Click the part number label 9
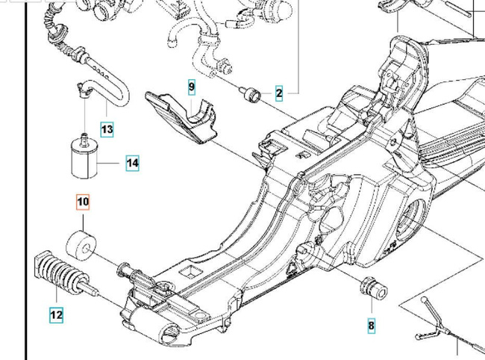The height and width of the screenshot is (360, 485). click(x=192, y=88)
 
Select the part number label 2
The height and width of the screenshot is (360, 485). click(x=279, y=93)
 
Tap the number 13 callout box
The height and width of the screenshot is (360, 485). click(x=107, y=129)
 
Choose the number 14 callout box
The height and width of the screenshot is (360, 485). click(x=132, y=163)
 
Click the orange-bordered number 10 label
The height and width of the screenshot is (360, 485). click(x=83, y=202)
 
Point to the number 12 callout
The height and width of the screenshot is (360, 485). click(x=57, y=315)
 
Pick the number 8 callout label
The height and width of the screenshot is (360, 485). click(x=371, y=325)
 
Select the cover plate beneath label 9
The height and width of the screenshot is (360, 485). click(x=183, y=116)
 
